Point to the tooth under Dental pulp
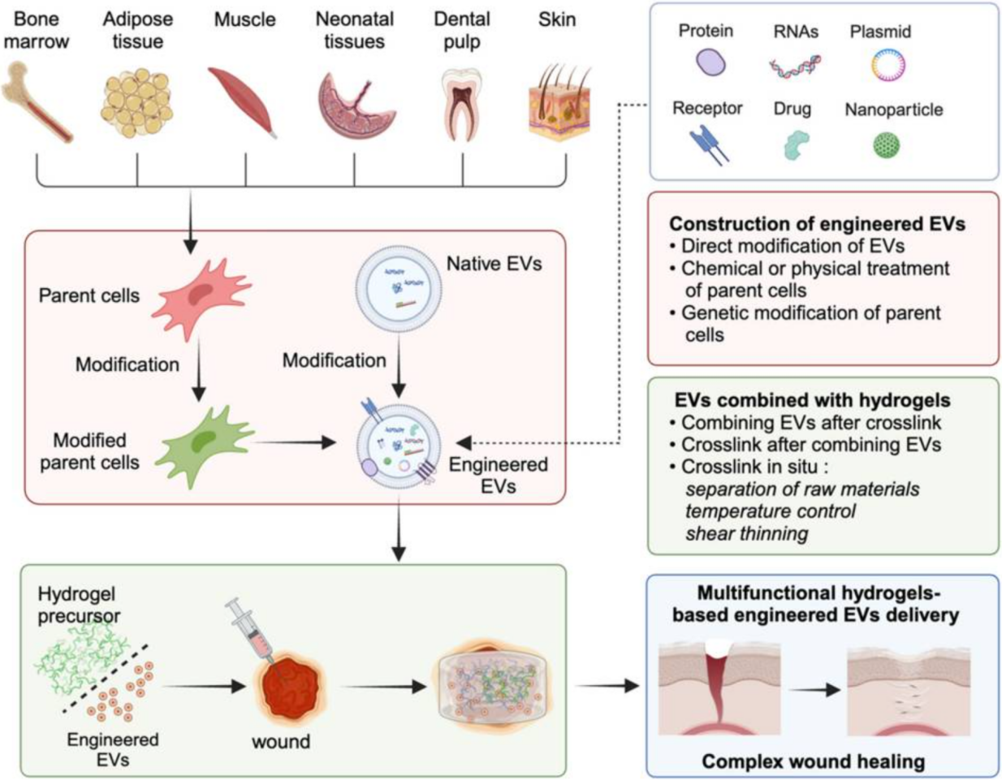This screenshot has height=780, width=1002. click(461, 105)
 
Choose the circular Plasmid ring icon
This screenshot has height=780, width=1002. click(888, 65)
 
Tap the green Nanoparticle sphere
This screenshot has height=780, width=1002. click(887, 145)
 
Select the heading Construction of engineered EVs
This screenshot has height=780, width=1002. click(817, 224)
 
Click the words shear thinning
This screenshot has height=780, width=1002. click(746, 533)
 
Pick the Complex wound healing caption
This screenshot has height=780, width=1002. click(813, 761)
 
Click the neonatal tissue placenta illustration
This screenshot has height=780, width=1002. click(356, 105)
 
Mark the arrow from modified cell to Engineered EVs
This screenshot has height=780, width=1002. click(296, 442)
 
